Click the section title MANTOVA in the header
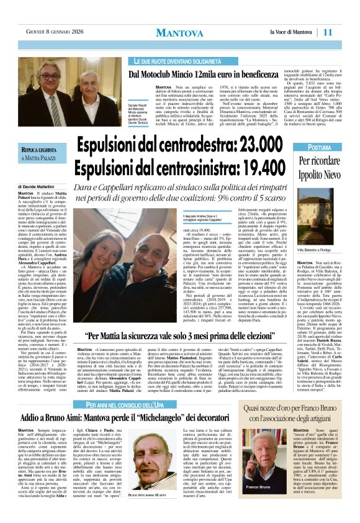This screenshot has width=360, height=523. coord(179,32)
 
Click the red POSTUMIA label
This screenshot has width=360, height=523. coord(320,148)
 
